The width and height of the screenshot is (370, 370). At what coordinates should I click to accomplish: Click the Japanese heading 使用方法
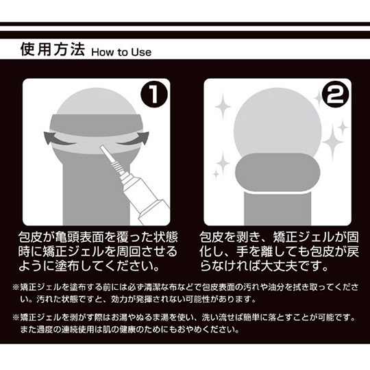[52, 49]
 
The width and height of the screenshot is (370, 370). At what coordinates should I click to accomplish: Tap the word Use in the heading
[141, 52]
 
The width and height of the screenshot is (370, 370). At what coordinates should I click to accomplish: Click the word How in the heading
[101, 52]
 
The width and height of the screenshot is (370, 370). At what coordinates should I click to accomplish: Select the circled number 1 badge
[154, 95]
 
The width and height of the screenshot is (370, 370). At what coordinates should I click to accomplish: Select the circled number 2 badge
[335, 95]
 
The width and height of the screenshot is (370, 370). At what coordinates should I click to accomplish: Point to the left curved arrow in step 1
[57, 138]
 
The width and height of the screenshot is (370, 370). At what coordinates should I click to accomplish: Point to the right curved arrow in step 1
[136, 138]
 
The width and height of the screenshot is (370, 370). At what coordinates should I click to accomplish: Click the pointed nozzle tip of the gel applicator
[101, 147]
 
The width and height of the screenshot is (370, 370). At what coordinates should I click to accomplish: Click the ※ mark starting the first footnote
[16, 287]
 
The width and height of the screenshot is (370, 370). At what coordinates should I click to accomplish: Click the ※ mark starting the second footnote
[16, 318]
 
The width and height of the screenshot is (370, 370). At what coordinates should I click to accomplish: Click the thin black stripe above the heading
[185, 24]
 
